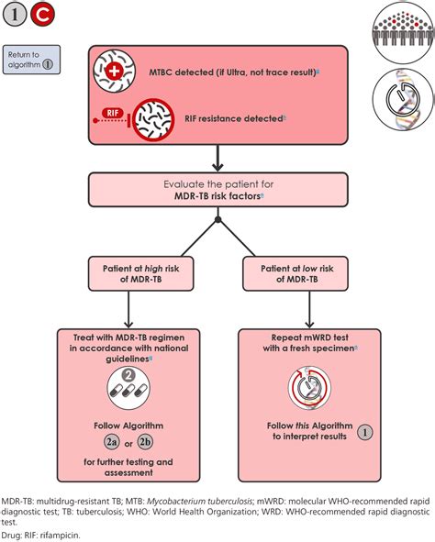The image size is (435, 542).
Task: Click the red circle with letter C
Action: [43, 17]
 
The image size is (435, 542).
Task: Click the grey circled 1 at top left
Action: [17, 17]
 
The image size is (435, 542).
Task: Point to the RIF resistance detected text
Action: [233, 118]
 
